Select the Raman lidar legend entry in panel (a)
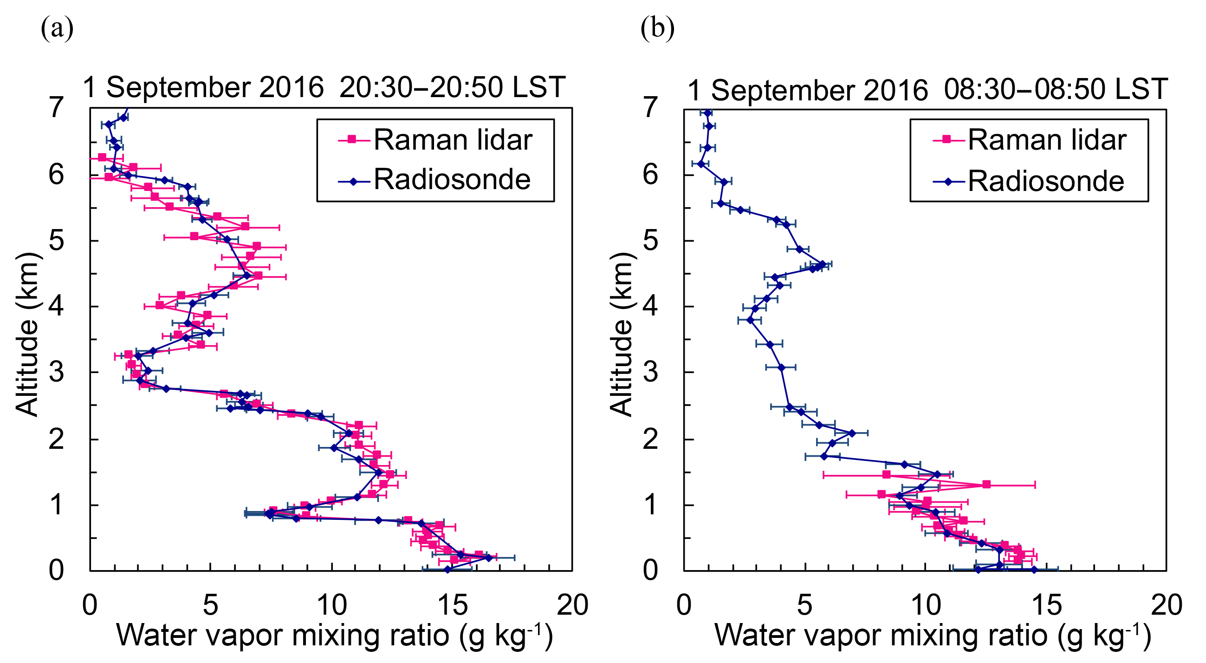(x=435, y=140)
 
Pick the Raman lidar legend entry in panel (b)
(x=1030, y=140)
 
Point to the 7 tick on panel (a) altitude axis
(x=56, y=108)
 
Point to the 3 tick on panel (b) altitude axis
(x=650, y=373)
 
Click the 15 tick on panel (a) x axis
(x=452, y=605)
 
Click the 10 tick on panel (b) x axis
(x=926, y=605)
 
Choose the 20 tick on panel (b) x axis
(x=1166, y=605)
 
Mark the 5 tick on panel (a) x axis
(x=211, y=605)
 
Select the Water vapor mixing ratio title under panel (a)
(x=334, y=636)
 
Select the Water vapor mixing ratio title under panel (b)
(x=932, y=636)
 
